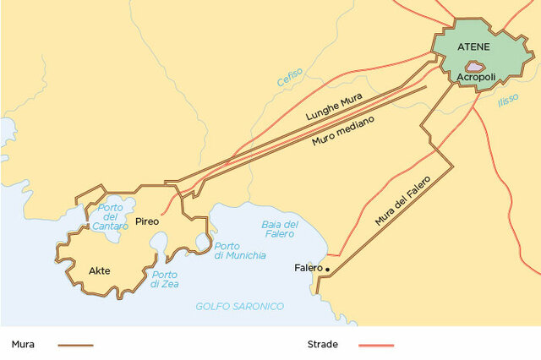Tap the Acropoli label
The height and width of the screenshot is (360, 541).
coord(475,78)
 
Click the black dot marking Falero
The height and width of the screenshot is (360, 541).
coord(327,270)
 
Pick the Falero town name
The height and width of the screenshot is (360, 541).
coord(308,268)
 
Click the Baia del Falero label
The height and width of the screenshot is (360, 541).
coord(280,229)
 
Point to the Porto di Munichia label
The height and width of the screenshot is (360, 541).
coord(234,250)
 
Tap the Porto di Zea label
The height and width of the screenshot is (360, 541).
coord(165,280)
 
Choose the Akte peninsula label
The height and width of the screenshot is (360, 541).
coord(100,271)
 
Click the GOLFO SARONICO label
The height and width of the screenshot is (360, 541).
coord(239,306)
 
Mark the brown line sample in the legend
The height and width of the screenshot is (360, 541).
coord(75,345)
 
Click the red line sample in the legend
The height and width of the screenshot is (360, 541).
coord(376,345)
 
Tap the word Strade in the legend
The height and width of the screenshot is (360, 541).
coord(323,345)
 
